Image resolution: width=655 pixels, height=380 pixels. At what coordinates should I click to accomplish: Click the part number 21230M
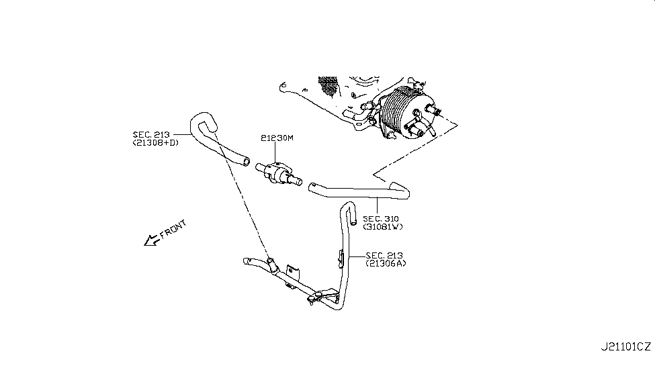pos(277,138)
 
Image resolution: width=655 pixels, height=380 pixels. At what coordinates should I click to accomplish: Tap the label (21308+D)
pos(156,143)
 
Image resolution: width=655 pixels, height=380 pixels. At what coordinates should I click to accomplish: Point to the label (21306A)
pos(386,263)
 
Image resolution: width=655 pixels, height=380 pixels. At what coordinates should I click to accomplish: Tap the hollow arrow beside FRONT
pos(150,240)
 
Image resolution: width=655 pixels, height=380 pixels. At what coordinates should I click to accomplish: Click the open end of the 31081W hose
pos(313,188)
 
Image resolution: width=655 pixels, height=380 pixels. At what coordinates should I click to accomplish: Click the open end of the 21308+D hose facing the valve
pos(247,161)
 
